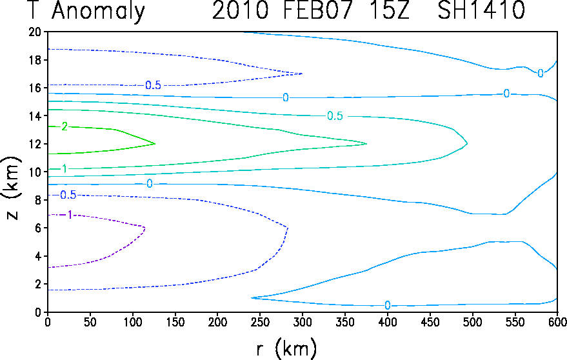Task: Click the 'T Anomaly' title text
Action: [86, 10]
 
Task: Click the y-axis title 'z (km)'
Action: [12, 188]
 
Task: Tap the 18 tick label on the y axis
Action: [34, 60]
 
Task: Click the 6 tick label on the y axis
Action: [37, 228]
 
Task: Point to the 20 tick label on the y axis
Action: [34, 32]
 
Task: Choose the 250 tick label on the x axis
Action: [260, 322]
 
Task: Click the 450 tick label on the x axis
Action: [430, 322]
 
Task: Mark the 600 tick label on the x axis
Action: [557, 322]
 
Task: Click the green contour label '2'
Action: [64, 126]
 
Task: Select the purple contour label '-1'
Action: [68, 215]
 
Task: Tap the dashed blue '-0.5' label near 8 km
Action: [68, 195]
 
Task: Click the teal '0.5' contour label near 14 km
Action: [335, 116]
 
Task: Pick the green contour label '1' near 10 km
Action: [64, 169]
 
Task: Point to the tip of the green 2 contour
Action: [155, 144]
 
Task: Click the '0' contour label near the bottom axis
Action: [387, 306]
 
